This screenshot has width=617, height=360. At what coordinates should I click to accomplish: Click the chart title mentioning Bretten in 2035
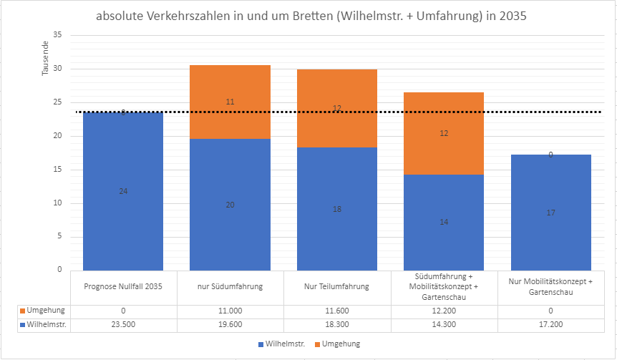point(311,17)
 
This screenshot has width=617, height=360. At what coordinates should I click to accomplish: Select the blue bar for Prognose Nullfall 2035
point(123,215)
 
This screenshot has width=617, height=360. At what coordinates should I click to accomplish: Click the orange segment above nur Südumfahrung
point(230,102)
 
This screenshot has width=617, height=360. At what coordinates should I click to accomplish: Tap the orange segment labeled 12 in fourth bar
point(443,133)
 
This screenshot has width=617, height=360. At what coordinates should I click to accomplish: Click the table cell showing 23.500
point(123,324)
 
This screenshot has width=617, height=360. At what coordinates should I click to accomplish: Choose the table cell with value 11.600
point(336,310)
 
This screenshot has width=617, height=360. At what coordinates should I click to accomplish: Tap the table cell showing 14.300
point(443,324)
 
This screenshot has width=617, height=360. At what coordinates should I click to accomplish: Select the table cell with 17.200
point(550,324)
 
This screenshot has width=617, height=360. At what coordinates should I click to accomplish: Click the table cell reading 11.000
point(230,310)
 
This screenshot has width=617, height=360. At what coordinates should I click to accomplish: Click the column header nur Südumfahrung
point(230,286)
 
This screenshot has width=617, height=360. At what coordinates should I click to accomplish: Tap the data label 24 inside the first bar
point(123,191)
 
